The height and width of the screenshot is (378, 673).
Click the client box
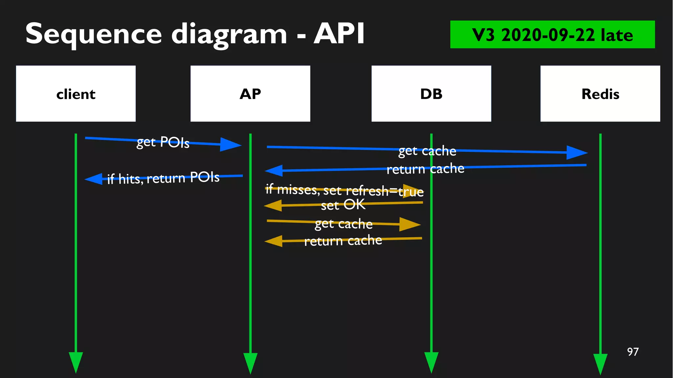(x=76, y=94)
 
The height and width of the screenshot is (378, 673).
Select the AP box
(x=250, y=94)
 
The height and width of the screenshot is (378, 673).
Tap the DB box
(x=431, y=94)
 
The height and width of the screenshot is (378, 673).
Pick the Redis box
(x=600, y=94)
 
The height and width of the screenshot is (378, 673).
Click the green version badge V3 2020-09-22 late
(x=552, y=35)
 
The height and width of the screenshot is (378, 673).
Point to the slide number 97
(x=633, y=352)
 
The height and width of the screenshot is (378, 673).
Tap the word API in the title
(x=339, y=34)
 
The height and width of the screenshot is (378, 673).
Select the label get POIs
(x=163, y=142)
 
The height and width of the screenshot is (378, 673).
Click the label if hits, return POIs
(x=163, y=178)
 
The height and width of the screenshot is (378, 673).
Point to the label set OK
(x=343, y=205)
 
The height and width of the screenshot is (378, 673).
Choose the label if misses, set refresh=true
(x=344, y=190)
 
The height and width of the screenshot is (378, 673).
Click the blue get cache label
(x=427, y=151)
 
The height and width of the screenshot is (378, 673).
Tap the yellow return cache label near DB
(x=343, y=241)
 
